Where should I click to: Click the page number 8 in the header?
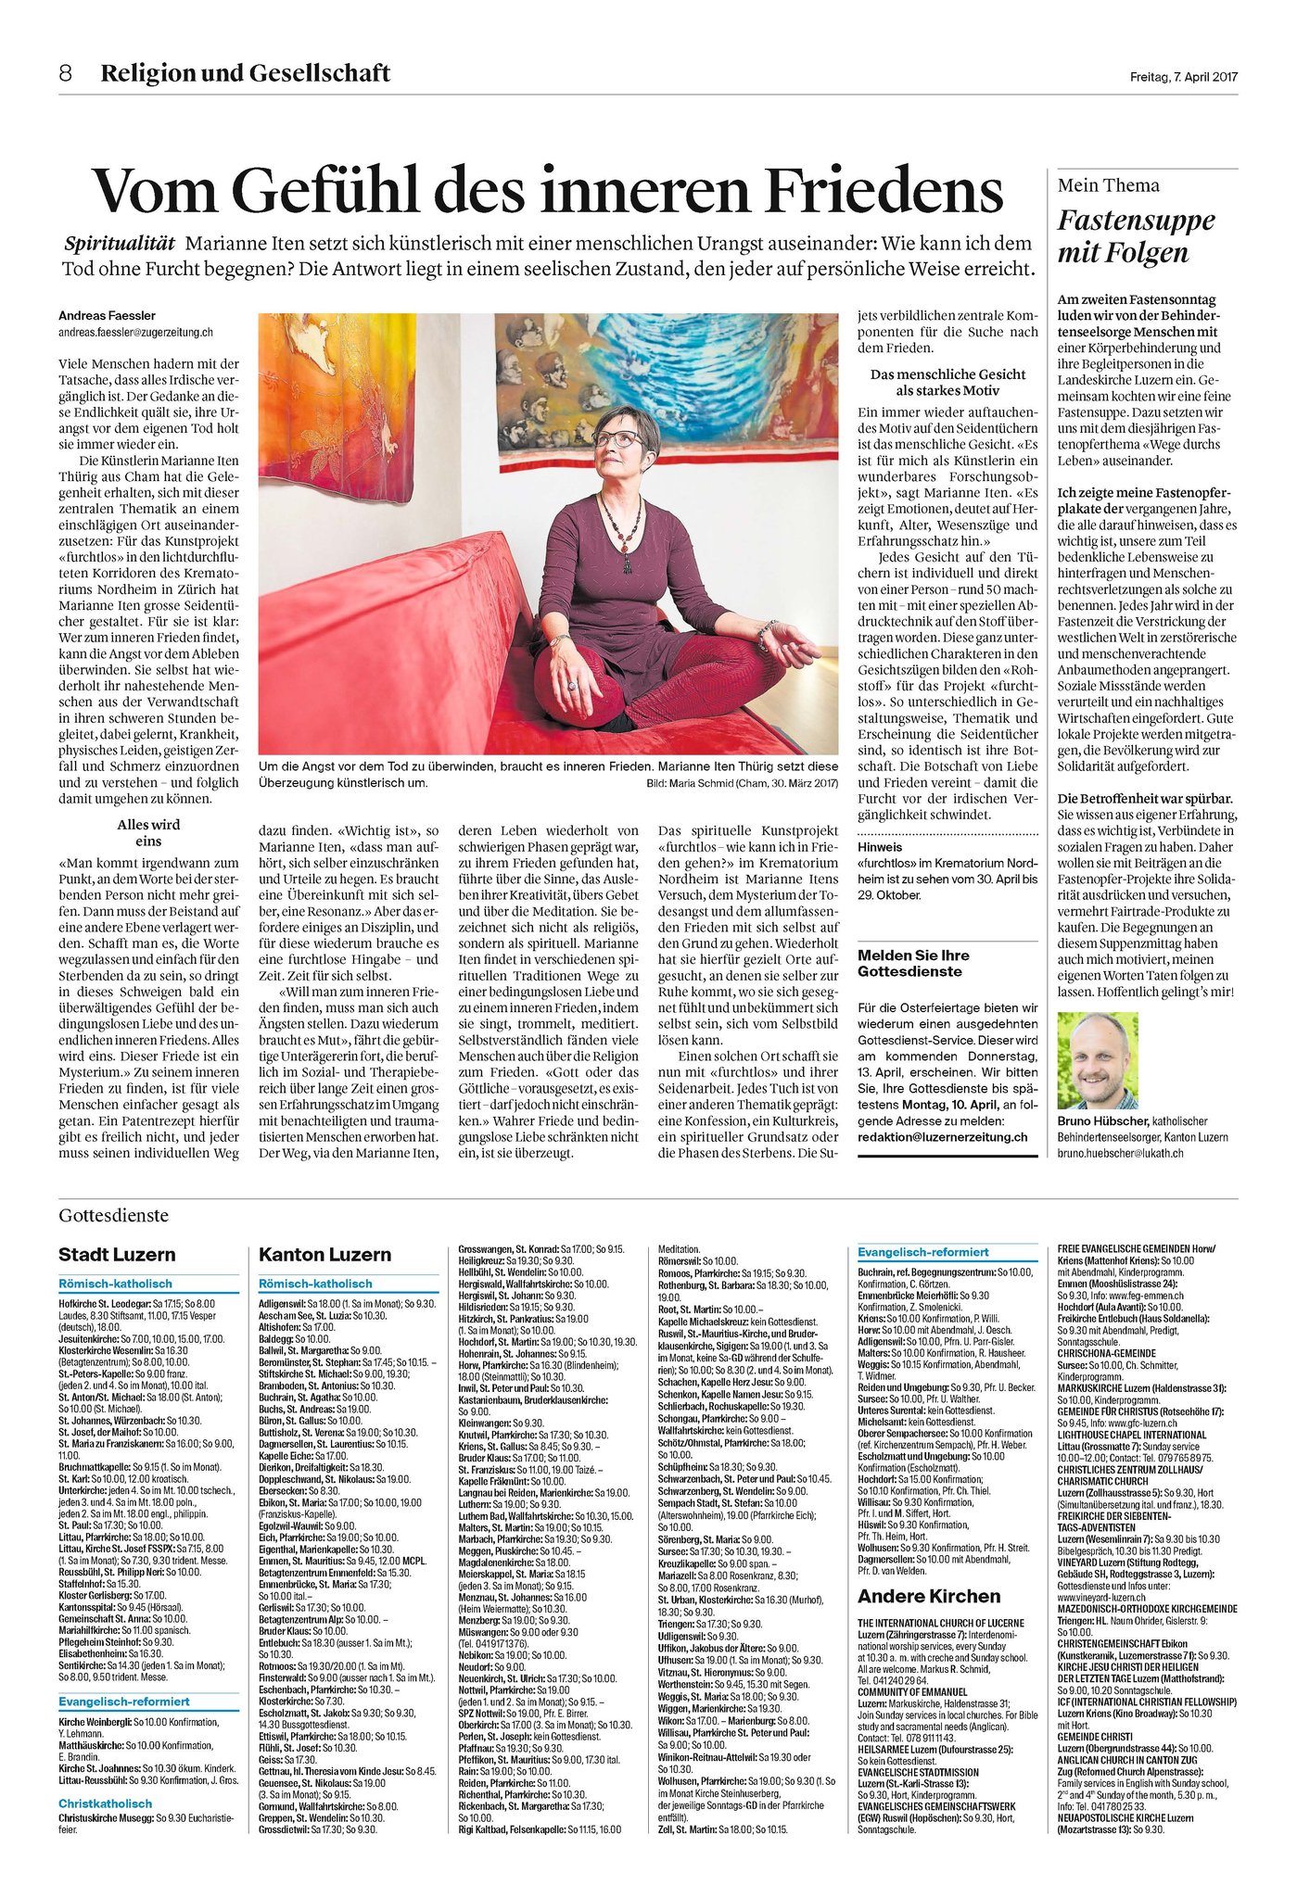coord(65,73)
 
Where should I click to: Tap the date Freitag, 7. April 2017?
coord(1183,77)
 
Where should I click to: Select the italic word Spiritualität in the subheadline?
coord(120,244)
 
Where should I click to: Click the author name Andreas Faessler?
coord(107,316)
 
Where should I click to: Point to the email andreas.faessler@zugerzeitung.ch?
coord(135,332)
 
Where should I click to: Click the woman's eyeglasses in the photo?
coord(616,438)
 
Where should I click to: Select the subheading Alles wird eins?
coord(148,832)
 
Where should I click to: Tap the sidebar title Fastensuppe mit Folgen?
coord(1136,236)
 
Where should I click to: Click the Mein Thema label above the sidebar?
coord(1109,185)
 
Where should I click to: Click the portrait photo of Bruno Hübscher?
coord(1098,1060)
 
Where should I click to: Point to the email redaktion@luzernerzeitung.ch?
coord(942,1136)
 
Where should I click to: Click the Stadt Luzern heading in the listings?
coord(117,1254)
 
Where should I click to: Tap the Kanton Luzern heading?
coord(324,1254)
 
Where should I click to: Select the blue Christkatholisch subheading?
coord(105,1803)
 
